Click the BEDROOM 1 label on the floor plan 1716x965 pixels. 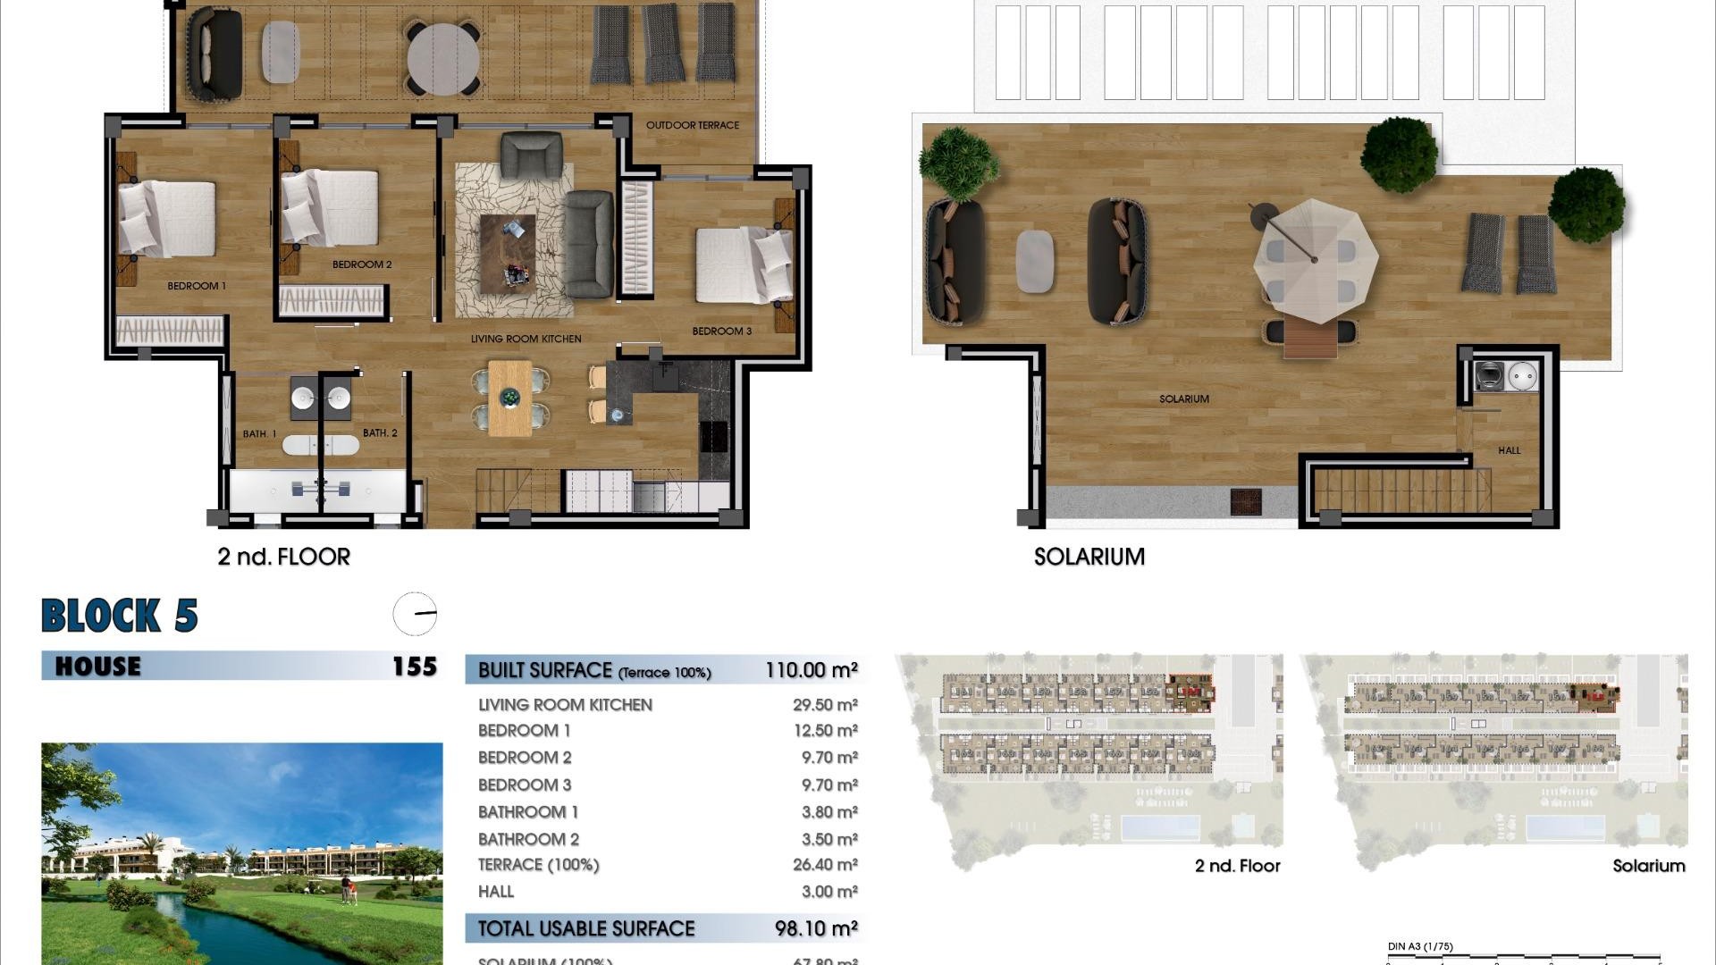click(x=197, y=286)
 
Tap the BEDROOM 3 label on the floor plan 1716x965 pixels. click(x=721, y=331)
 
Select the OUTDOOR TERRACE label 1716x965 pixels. click(x=693, y=125)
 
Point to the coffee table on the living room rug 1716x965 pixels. click(x=508, y=254)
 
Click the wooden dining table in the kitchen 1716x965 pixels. click(x=509, y=398)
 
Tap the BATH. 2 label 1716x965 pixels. click(x=380, y=433)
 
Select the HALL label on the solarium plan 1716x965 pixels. click(x=1509, y=450)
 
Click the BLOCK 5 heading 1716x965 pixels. click(x=120, y=616)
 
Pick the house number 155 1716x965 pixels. click(x=415, y=667)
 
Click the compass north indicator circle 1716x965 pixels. click(x=415, y=614)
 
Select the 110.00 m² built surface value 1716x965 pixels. click(x=811, y=670)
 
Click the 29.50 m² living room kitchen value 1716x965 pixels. click(x=825, y=705)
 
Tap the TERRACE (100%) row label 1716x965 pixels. click(x=538, y=865)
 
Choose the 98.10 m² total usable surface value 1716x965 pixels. click(x=816, y=928)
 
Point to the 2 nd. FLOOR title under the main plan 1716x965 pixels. click(x=283, y=557)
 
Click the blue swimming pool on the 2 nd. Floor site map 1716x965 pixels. click(x=1159, y=827)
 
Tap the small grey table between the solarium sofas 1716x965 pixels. click(x=1035, y=260)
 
